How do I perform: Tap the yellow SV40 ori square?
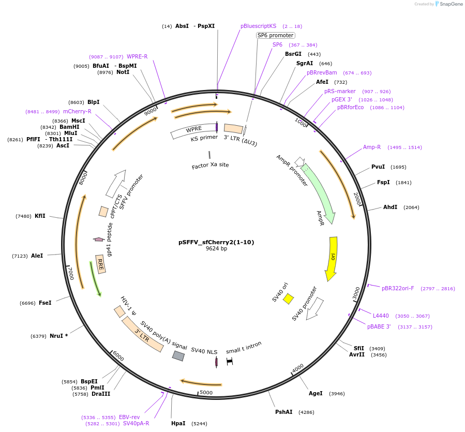pos(289,299)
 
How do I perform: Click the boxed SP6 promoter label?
pos(276,35)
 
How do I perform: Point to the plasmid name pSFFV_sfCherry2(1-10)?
pos(216,242)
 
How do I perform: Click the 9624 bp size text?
pos(216,249)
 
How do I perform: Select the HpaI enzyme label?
pos(178,423)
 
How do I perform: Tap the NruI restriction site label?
pos(56,336)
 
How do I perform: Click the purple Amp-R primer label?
pos(372,147)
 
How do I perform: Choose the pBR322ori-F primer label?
pos(398,288)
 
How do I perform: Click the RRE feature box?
pos(101,263)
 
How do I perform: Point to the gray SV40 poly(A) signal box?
pos(178,356)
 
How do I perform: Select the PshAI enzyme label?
pos(283,412)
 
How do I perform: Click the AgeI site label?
pos(316,393)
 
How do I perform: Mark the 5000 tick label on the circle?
pos(206,393)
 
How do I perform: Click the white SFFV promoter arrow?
pos(116,184)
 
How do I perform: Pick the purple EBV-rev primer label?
pos(129,417)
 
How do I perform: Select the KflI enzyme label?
pos(40,216)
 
